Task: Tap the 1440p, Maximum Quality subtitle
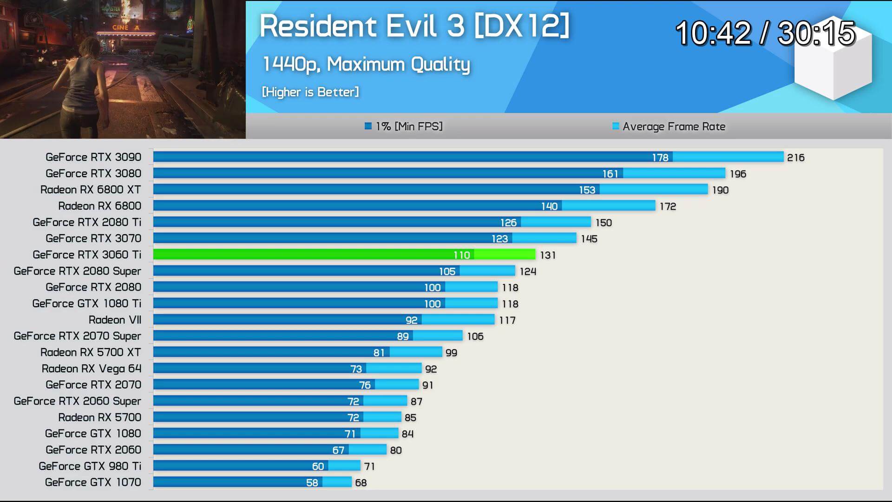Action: point(366,64)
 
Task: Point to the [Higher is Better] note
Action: point(310,92)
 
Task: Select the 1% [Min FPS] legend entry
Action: point(404,126)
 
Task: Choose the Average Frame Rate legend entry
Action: point(669,126)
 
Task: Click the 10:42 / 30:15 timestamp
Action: point(765,33)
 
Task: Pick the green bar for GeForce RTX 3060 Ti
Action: point(344,255)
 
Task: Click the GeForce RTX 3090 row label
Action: point(93,157)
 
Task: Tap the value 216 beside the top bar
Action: point(795,158)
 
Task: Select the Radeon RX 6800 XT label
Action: point(91,190)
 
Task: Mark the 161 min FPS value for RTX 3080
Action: point(610,174)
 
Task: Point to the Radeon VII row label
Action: point(115,320)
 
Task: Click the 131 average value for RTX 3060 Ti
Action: point(548,255)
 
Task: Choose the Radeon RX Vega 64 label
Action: point(92,369)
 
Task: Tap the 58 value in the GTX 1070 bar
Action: point(312,483)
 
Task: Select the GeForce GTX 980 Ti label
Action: point(90,466)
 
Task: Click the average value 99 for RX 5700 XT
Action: point(451,353)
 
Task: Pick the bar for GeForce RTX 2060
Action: point(269,450)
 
